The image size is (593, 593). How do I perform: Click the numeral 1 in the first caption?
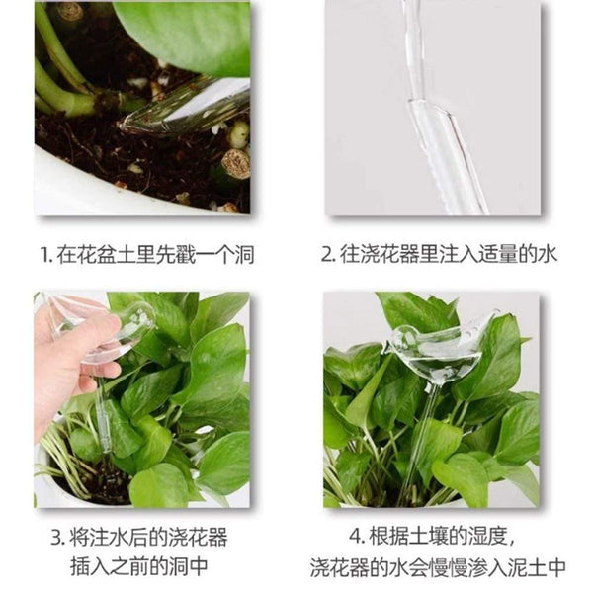tap(42, 255)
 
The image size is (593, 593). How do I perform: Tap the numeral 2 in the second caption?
tap(328, 255)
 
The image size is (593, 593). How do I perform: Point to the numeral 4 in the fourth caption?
tap(355, 539)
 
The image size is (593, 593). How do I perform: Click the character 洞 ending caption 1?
tap(243, 255)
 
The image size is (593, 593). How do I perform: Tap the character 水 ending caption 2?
tap(548, 255)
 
